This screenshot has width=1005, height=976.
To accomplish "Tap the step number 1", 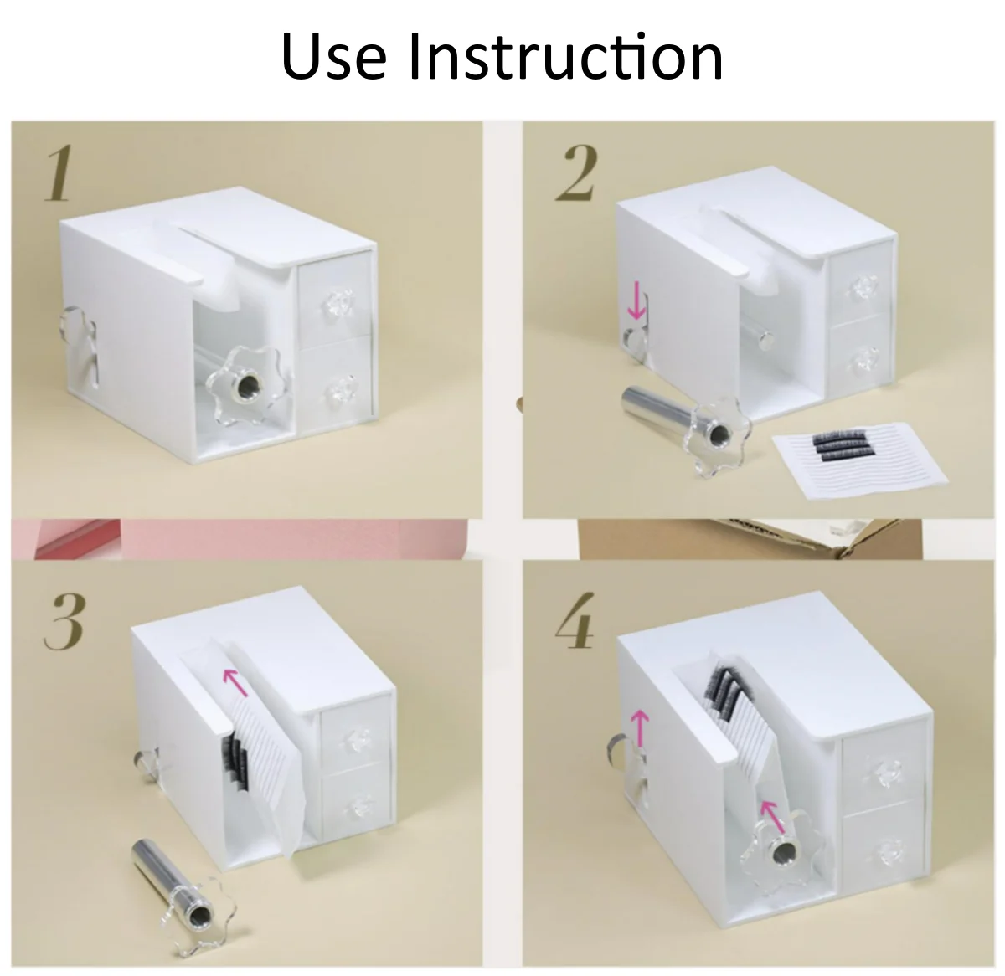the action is point(59,173).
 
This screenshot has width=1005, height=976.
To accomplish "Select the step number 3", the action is point(64,621).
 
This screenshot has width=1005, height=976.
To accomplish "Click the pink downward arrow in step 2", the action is point(636,300).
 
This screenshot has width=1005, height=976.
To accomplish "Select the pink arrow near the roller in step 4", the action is point(771,818).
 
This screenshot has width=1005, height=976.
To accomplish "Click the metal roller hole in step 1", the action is point(246,378).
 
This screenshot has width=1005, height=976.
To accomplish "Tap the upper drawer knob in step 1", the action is point(338,302).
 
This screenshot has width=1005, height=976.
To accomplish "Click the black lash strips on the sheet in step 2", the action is point(838,445).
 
